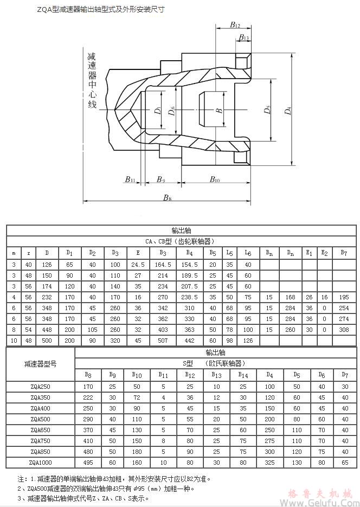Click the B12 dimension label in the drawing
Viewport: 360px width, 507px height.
coord(235,24)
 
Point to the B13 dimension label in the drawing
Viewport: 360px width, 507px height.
coord(243,37)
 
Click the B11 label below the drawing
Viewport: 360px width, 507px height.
coord(129,179)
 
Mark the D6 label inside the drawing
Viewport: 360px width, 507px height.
coord(172,111)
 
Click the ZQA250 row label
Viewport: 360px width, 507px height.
coord(40,387)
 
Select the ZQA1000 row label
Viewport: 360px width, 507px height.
coord(40,461)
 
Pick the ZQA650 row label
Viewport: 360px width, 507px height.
coord(40,429)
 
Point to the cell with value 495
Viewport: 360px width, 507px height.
coord(87,461)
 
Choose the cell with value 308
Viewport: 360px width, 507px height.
coord(343,329)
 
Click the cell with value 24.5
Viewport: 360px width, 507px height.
coord(138,265)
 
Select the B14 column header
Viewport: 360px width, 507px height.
coord(243,374)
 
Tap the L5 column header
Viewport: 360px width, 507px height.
coord(230,253)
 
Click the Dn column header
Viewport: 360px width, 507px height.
coord(291,253)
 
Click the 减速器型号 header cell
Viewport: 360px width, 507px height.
coord(40,363)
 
